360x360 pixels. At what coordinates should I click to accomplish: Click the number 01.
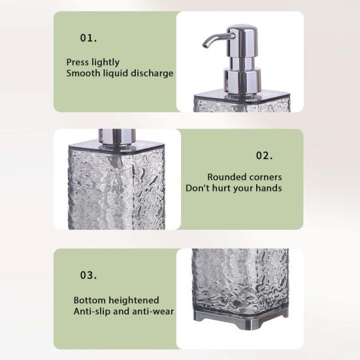(88, 38)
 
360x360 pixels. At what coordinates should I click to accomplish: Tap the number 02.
(264, 155)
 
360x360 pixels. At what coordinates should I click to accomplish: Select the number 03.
(88, 275)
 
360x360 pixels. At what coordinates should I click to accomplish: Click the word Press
(78, 62)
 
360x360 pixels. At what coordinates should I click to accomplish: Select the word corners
(264, 177)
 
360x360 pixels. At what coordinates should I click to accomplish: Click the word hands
(269, 188)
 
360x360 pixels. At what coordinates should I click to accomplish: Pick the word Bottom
(90, 300)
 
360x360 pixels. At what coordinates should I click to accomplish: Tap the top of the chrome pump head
(241, 28)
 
